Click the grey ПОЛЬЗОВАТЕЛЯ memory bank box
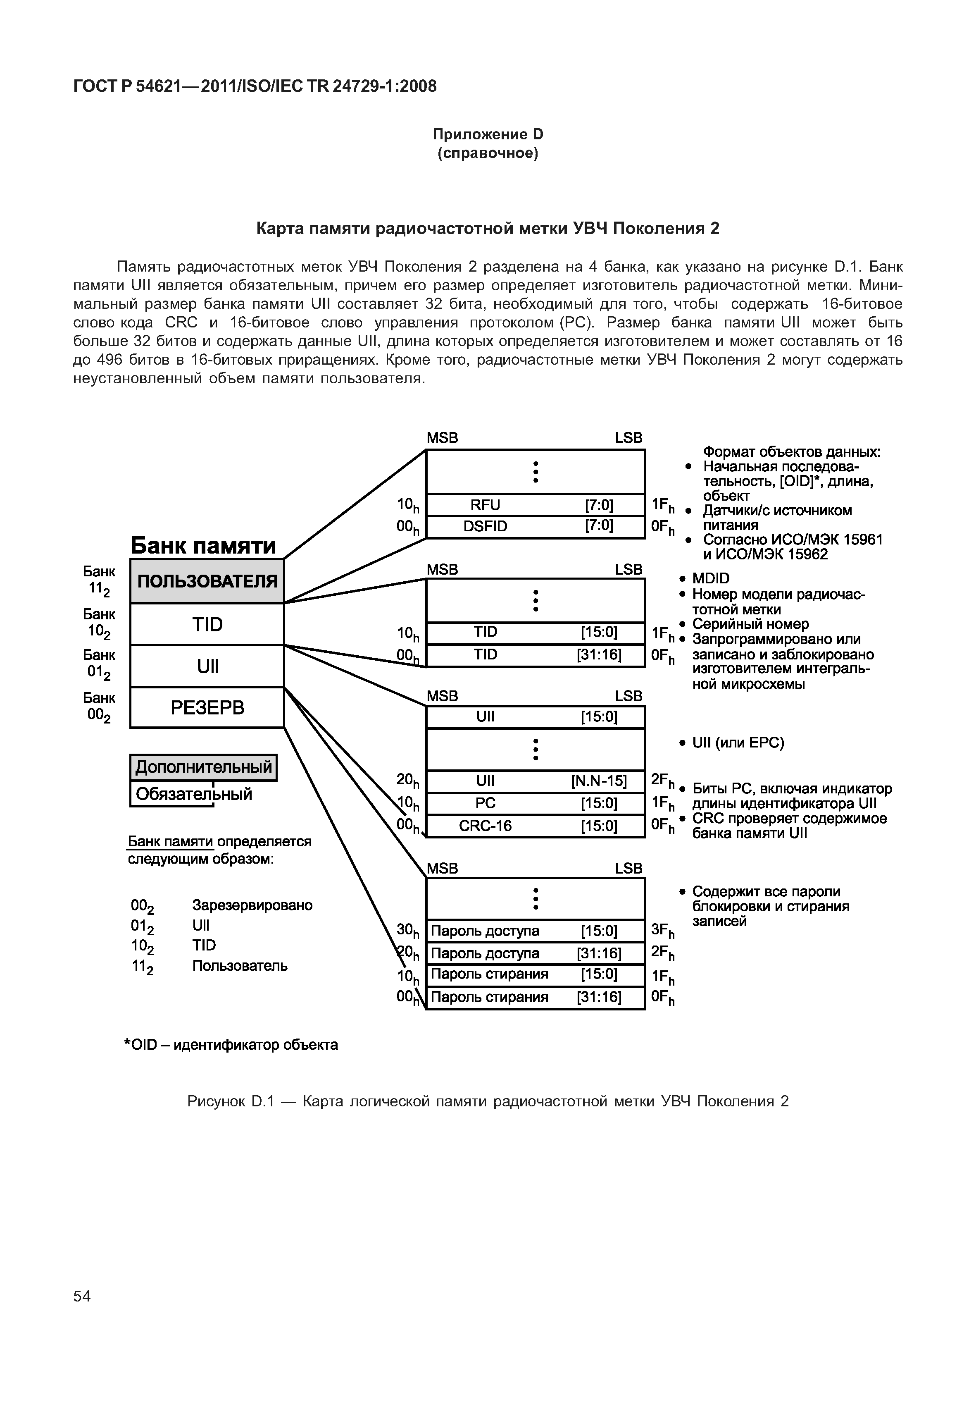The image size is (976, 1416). [x=207, y=581]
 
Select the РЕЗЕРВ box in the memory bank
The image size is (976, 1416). [x=207, y=707]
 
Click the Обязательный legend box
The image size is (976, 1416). [x=193, y=794]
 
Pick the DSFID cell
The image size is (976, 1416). [x=485, y=526]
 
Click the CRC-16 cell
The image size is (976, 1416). [x=485, y=826]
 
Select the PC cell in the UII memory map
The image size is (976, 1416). [x=485, y=803]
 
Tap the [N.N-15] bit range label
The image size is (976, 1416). [x=599, y=781]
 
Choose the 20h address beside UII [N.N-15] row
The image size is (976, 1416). [x=408, y=780]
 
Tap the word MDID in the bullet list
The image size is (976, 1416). [x=711, y=578]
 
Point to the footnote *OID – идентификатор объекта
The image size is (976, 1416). [x=231, y=1045]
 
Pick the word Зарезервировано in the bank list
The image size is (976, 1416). [x=252, y=905]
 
